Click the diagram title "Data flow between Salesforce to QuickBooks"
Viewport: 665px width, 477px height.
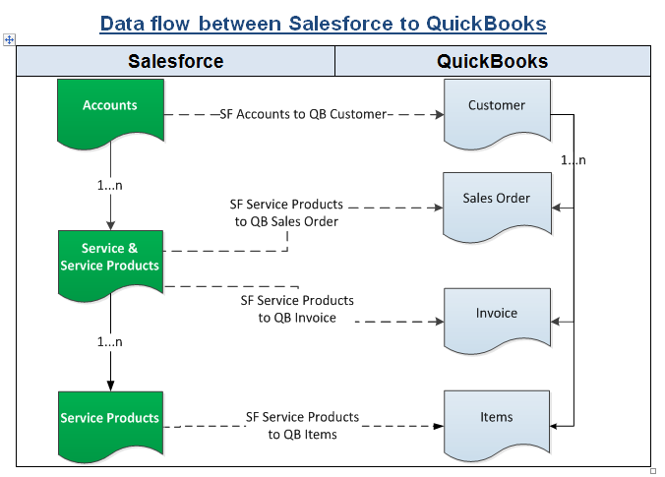click(323, 23)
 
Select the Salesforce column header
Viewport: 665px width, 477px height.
click(176, 62)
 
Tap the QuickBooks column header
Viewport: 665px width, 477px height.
click(492, 62)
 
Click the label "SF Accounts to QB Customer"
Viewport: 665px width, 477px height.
click(304, 114)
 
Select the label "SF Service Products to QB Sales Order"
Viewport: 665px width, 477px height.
click(286, 213)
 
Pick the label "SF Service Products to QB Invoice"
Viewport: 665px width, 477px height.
click(297, 309)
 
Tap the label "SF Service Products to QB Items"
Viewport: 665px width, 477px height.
click(302, 426)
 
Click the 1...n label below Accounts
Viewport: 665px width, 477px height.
click(110, 184)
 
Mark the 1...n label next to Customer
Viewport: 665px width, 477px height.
click(574, 160)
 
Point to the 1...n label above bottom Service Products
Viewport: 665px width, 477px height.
click(110, 341)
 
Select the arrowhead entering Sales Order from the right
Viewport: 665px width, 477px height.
click(556, 208)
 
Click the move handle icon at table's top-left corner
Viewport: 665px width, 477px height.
click(9, 39)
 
